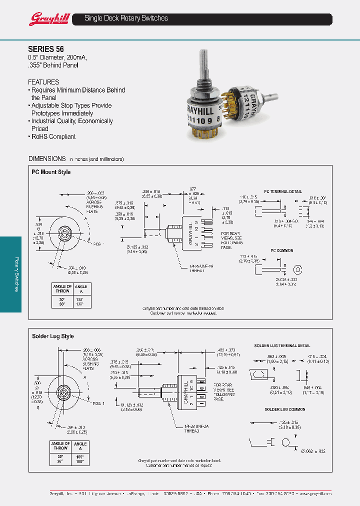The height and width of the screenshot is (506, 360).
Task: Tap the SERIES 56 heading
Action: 45,49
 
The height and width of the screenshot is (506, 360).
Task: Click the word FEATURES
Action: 43,82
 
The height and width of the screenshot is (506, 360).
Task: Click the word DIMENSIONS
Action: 47,158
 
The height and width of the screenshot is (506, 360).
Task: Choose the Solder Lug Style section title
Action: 53,336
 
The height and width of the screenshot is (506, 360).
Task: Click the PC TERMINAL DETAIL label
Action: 282,191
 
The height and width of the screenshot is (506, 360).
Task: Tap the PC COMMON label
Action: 282,250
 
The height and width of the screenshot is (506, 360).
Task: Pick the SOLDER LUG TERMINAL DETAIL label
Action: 282,345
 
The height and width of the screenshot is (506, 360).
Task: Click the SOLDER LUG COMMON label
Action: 284,409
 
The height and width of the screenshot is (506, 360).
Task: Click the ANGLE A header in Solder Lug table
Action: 80,445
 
